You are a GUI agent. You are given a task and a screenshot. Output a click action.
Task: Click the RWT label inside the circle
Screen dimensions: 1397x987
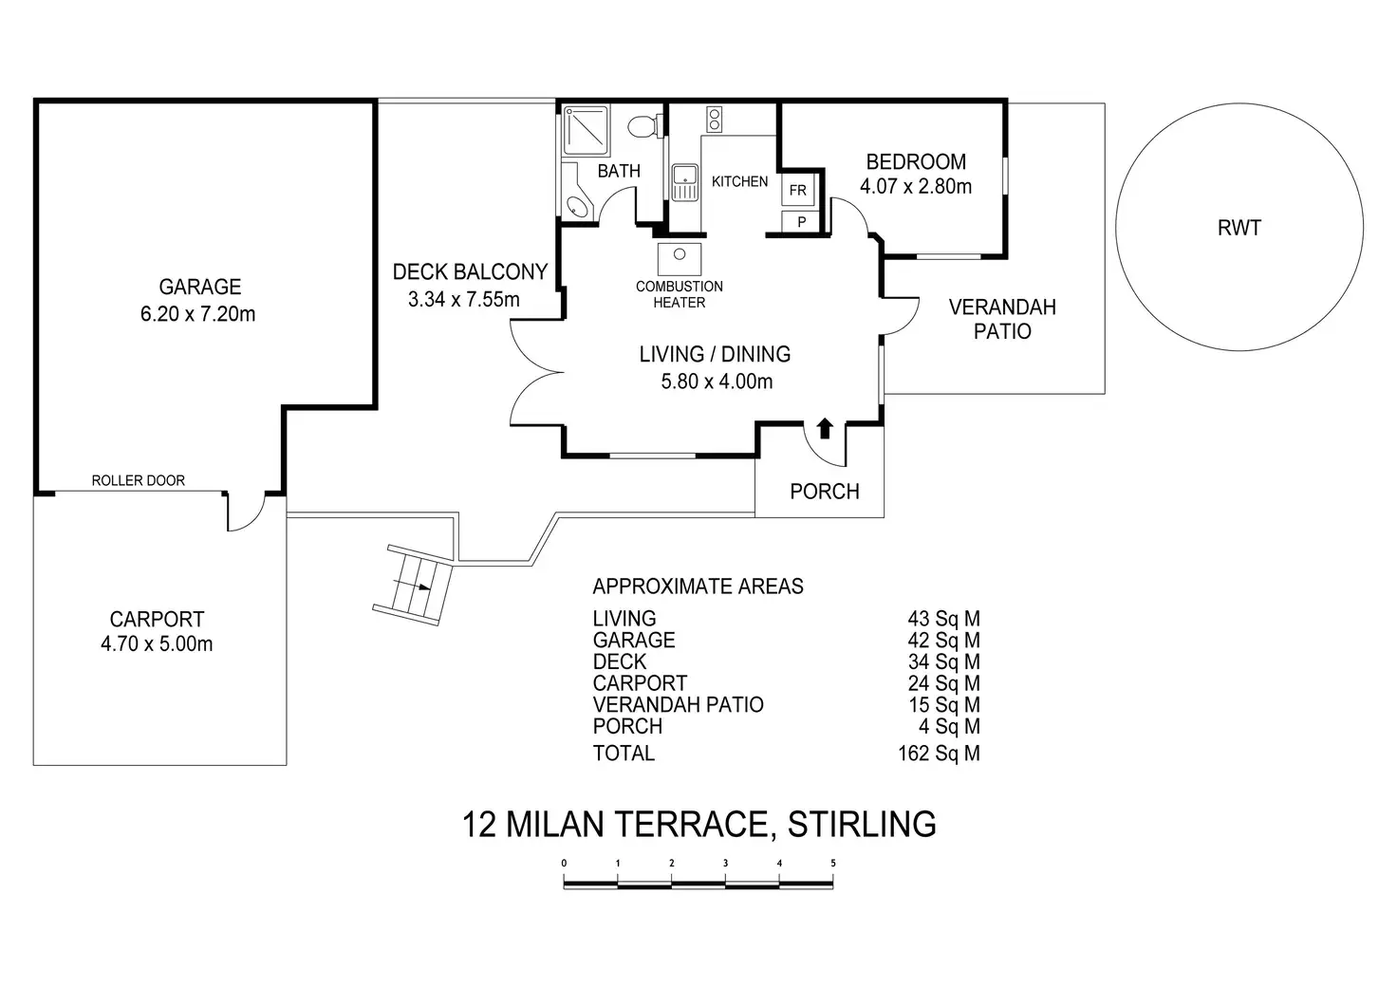[x=1239, y=229]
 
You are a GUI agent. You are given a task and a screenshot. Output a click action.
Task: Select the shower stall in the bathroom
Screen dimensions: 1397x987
[x=587, y=130]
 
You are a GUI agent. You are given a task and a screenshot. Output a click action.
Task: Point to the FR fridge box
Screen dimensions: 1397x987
[x=797, y=191]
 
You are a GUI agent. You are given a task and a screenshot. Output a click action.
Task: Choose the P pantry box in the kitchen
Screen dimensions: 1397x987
[x=801, y=222]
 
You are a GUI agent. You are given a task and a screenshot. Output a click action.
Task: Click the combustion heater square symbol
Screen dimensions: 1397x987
[x=679, y=257]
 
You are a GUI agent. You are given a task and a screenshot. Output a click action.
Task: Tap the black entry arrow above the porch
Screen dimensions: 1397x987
[x=824, y=428]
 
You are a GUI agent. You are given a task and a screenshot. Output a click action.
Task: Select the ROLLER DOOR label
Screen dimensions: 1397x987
[x=138, y=481]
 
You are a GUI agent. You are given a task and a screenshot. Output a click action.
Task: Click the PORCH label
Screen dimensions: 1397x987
[x=824, y=492]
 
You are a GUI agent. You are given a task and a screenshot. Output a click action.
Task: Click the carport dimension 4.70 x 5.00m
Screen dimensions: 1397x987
[x=157, y=644]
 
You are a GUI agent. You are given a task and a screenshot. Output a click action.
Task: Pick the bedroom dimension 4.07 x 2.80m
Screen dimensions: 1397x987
[x=916, y=187]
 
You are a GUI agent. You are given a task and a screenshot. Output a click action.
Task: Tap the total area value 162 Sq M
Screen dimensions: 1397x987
[x=938, y=754]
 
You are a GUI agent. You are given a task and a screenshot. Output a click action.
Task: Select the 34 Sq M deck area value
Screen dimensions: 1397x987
[x=943, y=662]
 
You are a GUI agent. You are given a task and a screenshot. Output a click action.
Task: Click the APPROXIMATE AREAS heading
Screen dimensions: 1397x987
[x=698, y=587]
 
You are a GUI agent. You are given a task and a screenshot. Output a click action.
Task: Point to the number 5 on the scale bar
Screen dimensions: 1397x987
[x=832, y=864]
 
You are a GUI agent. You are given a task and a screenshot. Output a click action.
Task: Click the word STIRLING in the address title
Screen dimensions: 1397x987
[x=862, y=824]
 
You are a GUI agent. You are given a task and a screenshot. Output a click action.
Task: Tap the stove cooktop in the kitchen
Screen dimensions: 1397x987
[x=714, y=120]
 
